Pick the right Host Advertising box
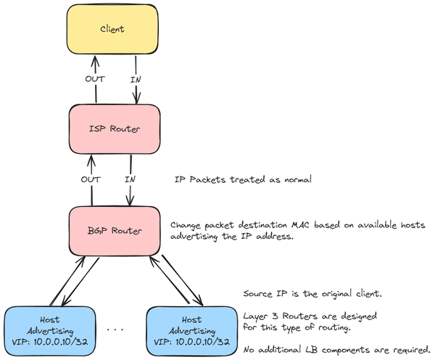click(191, 330)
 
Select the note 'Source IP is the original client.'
click(311, 295)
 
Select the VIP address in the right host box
click(191, 341)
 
